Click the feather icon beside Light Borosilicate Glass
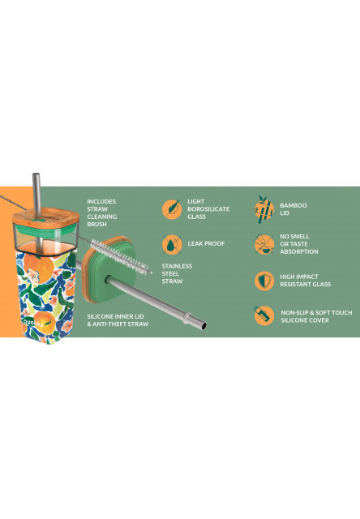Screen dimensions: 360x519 [x=172, y=209]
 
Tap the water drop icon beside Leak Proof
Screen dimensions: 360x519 [x=172, y=245]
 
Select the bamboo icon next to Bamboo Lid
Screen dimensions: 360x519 [x=264, y=209]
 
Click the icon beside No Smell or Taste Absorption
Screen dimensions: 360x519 [x=264, y=245]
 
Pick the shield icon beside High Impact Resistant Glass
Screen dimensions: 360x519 [x=264, y=281]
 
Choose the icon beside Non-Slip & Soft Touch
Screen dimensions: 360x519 [x=264, y=315]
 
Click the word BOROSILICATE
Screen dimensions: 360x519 [x=208, y=209]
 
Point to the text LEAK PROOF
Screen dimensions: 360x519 [x=206, y=243]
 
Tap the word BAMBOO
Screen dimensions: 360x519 [x=294, y=205]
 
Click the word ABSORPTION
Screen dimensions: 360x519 [x=299, y=251]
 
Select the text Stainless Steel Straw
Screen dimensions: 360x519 [x=177, y=274]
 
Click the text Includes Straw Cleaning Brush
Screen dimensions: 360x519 [x=102, y=212]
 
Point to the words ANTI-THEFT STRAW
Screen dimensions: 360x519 [x=121, y=324]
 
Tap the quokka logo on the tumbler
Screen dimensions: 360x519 [x=33, y=323]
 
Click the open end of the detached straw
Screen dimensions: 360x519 [x=204, y=326]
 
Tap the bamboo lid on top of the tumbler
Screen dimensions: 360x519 [x=46, y=217]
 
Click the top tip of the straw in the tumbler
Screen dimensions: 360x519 [x=36, y=174]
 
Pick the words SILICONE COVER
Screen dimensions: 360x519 [x=305, y=320]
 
